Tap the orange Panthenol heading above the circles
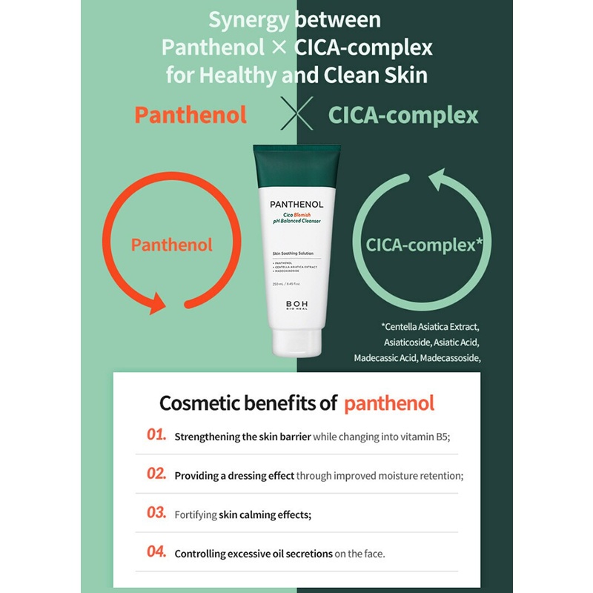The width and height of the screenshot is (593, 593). [x=191, y=115]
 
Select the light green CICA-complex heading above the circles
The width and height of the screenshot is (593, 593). [x=403, y=115]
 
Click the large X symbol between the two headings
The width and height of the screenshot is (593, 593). [x=296, y=114]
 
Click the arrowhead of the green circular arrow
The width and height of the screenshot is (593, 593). [x=438, y=182]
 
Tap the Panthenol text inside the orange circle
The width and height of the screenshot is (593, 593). [x=172, y=245]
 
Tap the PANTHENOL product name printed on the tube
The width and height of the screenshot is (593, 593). [x=296, y=204]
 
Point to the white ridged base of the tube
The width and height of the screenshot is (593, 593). [x=296, y=345]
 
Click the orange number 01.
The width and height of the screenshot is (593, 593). [x=156, y=435]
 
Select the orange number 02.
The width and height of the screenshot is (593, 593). [x=156, y=474]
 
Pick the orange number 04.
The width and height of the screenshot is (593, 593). [x=156, y=551]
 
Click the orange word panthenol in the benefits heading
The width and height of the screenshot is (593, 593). [x=389, y=404]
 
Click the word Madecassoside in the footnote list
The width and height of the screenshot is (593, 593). [x=448, y=358]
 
